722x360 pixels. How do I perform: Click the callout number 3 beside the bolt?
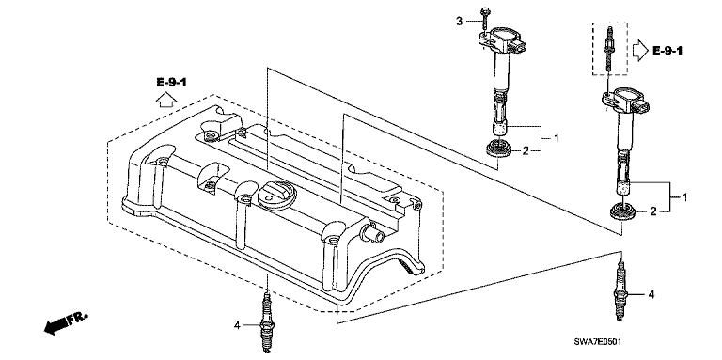point(459,21)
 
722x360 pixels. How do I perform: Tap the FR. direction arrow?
point(65,322)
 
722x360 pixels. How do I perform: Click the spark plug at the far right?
point(620,290)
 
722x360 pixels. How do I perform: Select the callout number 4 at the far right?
point(651,294)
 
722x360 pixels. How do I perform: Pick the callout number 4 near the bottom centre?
point(237,325)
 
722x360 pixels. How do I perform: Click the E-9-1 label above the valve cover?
point(171,83)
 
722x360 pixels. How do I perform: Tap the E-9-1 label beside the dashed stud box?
point(667,51)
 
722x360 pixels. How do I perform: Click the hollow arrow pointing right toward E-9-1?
point(639,51)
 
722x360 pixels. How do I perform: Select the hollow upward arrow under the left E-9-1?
point(165,99)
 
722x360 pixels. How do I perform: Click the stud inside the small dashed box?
point(609,51)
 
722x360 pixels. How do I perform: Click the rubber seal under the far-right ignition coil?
point(622,212)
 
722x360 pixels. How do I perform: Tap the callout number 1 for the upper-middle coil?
point(557,138)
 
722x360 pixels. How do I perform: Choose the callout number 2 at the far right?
point(653,211)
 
